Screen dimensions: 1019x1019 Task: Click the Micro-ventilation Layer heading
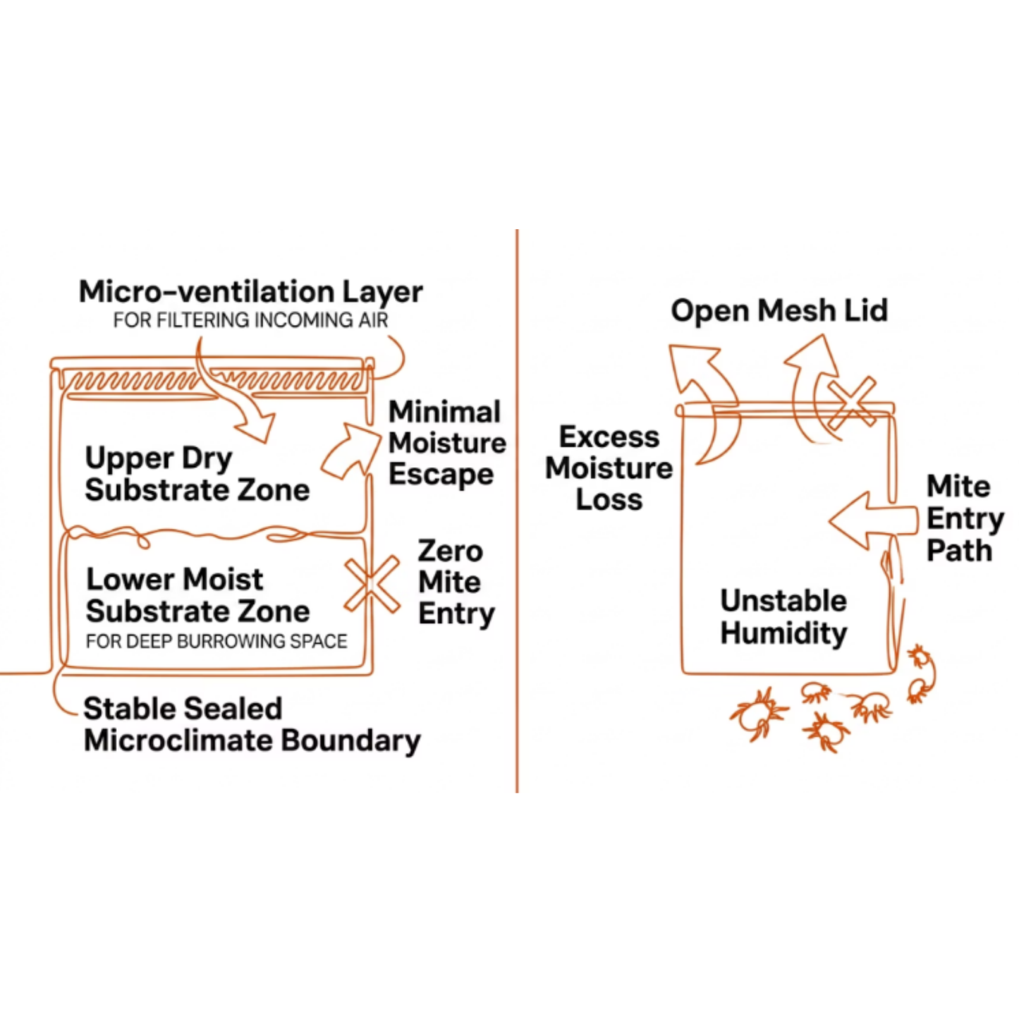pyautogui.click(x=250, y=291)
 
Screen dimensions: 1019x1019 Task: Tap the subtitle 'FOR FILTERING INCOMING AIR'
pyautogui.click(x=250, y=320)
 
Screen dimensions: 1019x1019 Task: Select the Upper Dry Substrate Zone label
pyautogui.click(x=197, y=474)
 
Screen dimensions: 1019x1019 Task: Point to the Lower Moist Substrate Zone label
pyautogui.click(x=197, y=595)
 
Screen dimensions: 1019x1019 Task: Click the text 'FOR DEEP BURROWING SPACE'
pyautogui.click(x=216, y=642)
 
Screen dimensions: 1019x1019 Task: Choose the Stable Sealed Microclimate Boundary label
pyautogui.click(x=252, y=724)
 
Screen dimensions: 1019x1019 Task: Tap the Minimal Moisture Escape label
pyautogui.click(x=447, y=443)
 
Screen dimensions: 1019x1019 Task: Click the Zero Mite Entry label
pyautogui.click(x=456, y=582)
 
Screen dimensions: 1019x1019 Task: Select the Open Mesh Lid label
pyautogui.click(x=779, y=310)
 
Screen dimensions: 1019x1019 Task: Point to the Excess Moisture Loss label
pyautogui.click(x=609, y=468)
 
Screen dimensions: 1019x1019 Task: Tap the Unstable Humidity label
pyautogui.click(x=783, y=617)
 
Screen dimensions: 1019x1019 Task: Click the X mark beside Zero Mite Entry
pyautogui.click(x=372, y=584)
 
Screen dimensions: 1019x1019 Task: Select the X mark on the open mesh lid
pyautogui.click(x=852, y=403)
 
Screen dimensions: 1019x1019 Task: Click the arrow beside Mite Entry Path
pyautogui.click(x=872, y=521)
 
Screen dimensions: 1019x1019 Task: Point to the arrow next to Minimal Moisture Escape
pyautogui.click(x=349, y=451)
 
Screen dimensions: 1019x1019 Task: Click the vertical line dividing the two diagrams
pyautogui.click(x=517, y=511)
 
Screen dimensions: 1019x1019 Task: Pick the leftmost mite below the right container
pyautogui.click(x=757, y=714)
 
